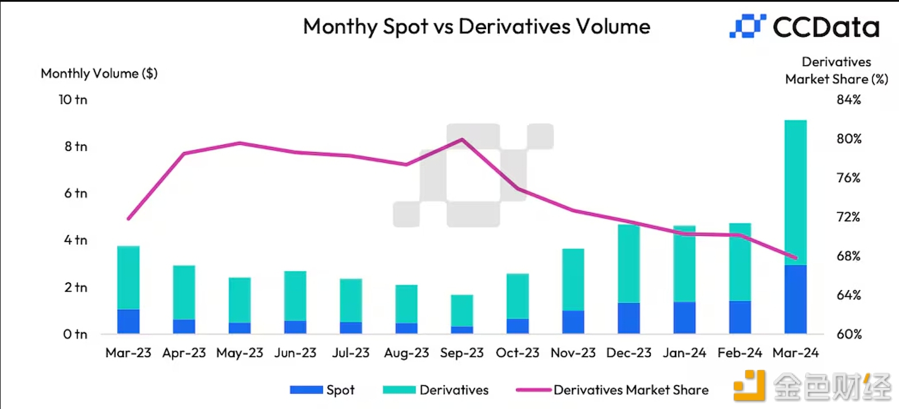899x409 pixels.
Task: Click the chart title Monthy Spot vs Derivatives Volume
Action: (476, 27)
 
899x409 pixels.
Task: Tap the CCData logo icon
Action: (747, 26)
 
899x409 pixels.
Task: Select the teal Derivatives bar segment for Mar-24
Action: (795, 192)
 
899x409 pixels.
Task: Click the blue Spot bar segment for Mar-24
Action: (795, 299)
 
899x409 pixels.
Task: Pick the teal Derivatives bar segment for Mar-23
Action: (128, 277)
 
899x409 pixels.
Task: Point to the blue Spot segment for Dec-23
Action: (628, 318)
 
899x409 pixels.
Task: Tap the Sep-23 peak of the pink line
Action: (462, 139)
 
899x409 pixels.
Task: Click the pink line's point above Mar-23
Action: (128, 219)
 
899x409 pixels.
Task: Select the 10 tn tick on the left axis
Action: (73, 100)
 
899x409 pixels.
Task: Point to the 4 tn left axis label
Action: (75, 240)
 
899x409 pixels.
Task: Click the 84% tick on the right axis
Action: (849, 100)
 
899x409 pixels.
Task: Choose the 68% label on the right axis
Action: (849, 256)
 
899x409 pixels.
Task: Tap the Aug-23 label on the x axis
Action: (406, 353)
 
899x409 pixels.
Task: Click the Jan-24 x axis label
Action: (684, 353)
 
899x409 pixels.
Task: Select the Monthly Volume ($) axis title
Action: (99, 73)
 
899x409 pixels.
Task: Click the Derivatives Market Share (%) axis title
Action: (836, 70)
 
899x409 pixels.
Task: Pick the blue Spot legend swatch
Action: (306, 390)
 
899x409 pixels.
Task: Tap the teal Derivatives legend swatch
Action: (399, 390)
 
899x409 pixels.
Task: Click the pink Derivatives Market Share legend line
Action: (533, 390)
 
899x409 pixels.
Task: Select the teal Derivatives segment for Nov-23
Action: (573, 279)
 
